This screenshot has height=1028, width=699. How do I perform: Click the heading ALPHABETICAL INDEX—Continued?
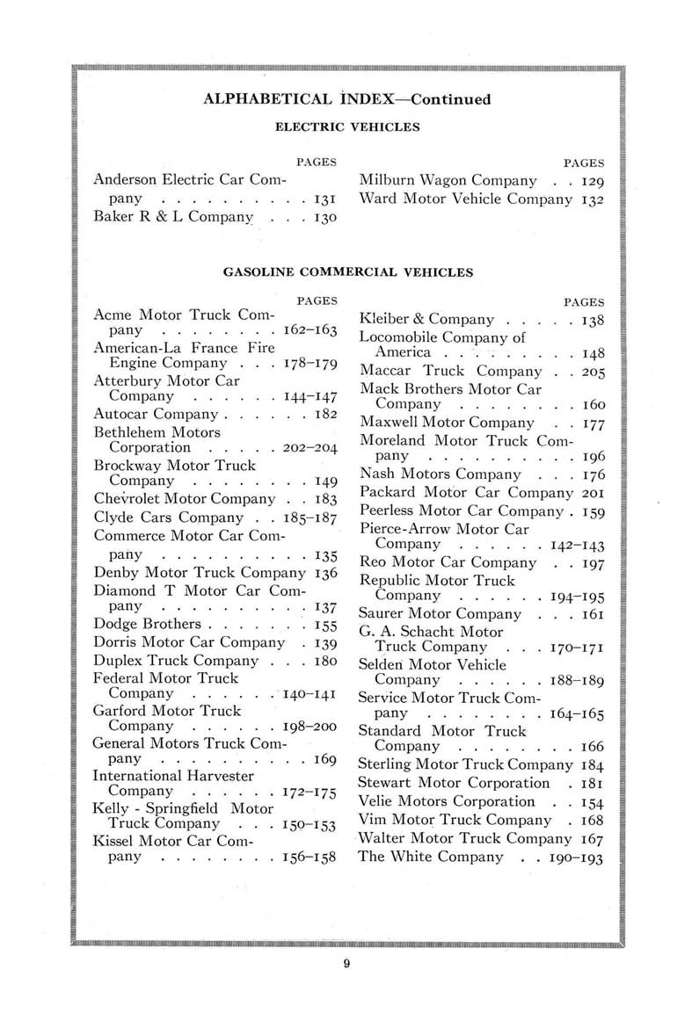(x=346, y=98)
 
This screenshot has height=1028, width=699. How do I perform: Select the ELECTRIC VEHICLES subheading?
(x=347, y=127)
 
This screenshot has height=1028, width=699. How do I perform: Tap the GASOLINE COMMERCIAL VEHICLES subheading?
(x=347, y=272)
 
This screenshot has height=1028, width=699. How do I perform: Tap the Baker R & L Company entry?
(x=166, y=219)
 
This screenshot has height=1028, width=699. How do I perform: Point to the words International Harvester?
(x=173, y=775)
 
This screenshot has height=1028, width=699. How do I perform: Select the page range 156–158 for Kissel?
(x=310, y=858)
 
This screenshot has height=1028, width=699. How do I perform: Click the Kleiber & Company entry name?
(x=426, y=320)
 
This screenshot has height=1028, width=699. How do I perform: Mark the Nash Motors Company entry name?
(x=430, y=474)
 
